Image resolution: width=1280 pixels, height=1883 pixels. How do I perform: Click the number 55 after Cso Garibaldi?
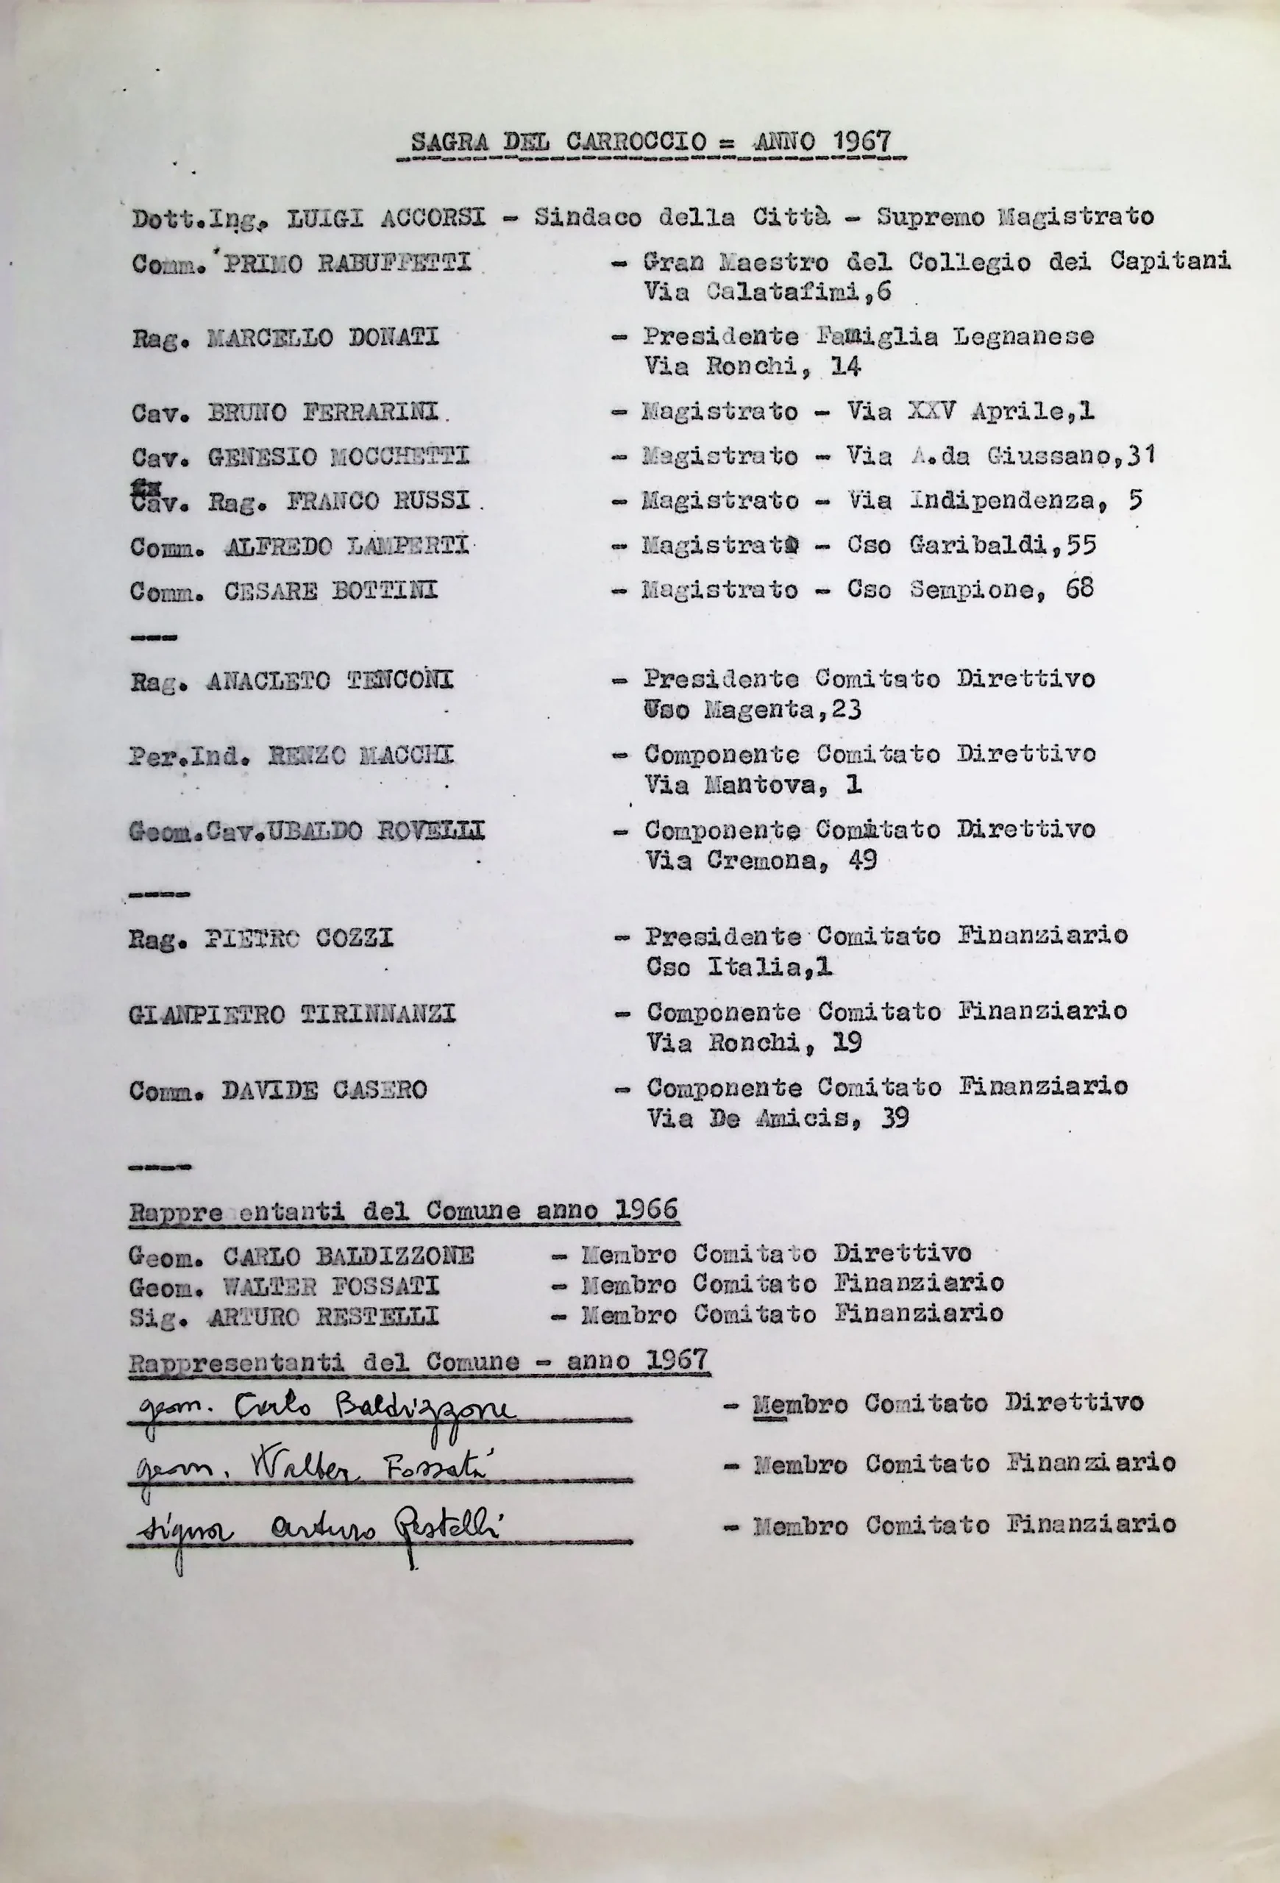1081,544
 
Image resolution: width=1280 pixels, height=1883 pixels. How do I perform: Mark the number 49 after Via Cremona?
863,859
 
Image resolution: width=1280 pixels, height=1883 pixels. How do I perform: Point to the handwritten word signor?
182,1530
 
